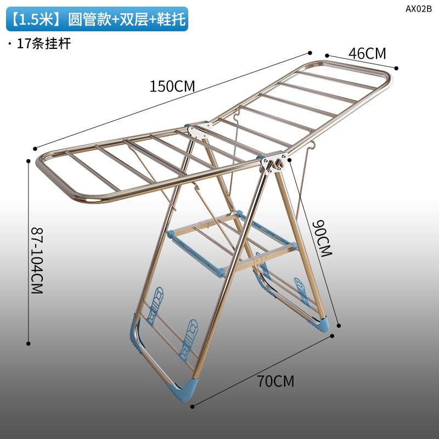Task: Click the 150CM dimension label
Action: (x=172, y=86)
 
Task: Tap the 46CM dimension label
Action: (x=367, y=53)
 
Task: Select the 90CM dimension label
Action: (x=324, y=239)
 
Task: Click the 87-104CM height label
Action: (x=36, y=261)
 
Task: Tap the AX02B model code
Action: (x=419, y=8)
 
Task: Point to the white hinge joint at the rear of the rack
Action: (x=196, y=130)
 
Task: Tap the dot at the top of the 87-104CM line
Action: (x=29, y=161)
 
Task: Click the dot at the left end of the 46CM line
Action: (x=327, y=55)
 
